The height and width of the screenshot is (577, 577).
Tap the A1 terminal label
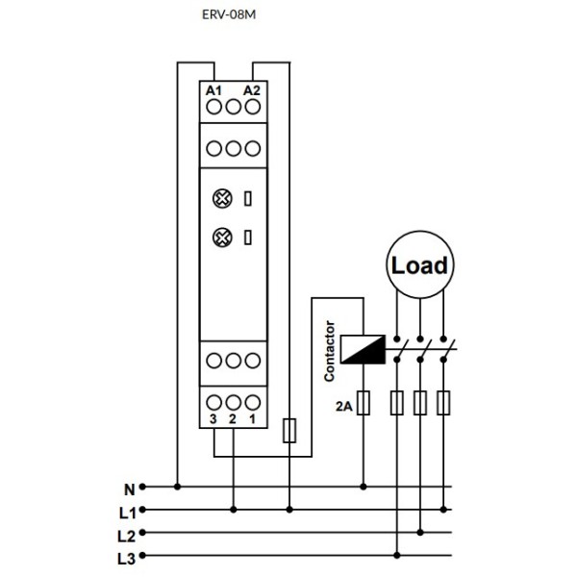point(213,90)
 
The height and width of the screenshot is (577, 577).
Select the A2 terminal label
point(251,90)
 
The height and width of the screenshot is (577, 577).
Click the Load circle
point(419,264)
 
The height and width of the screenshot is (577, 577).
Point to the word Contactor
point(330,350)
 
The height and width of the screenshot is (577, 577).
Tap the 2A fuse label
point(342,407)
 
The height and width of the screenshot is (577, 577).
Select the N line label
point(129,489)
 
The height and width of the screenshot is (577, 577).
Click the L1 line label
point(127,511)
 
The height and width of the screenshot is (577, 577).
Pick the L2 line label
point(127,534)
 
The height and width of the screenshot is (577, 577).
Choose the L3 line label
point(127,557)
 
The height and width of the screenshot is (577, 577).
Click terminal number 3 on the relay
point(213,420)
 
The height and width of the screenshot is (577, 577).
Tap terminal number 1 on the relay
point(251,420)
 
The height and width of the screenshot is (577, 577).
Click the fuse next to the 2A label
point(364,404)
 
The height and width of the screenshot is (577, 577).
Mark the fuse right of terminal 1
point(290,430)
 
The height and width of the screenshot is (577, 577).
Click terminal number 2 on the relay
point(233,420)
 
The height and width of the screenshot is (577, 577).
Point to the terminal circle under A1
point(213,108)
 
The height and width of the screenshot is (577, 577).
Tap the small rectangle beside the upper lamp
point(249,199)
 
